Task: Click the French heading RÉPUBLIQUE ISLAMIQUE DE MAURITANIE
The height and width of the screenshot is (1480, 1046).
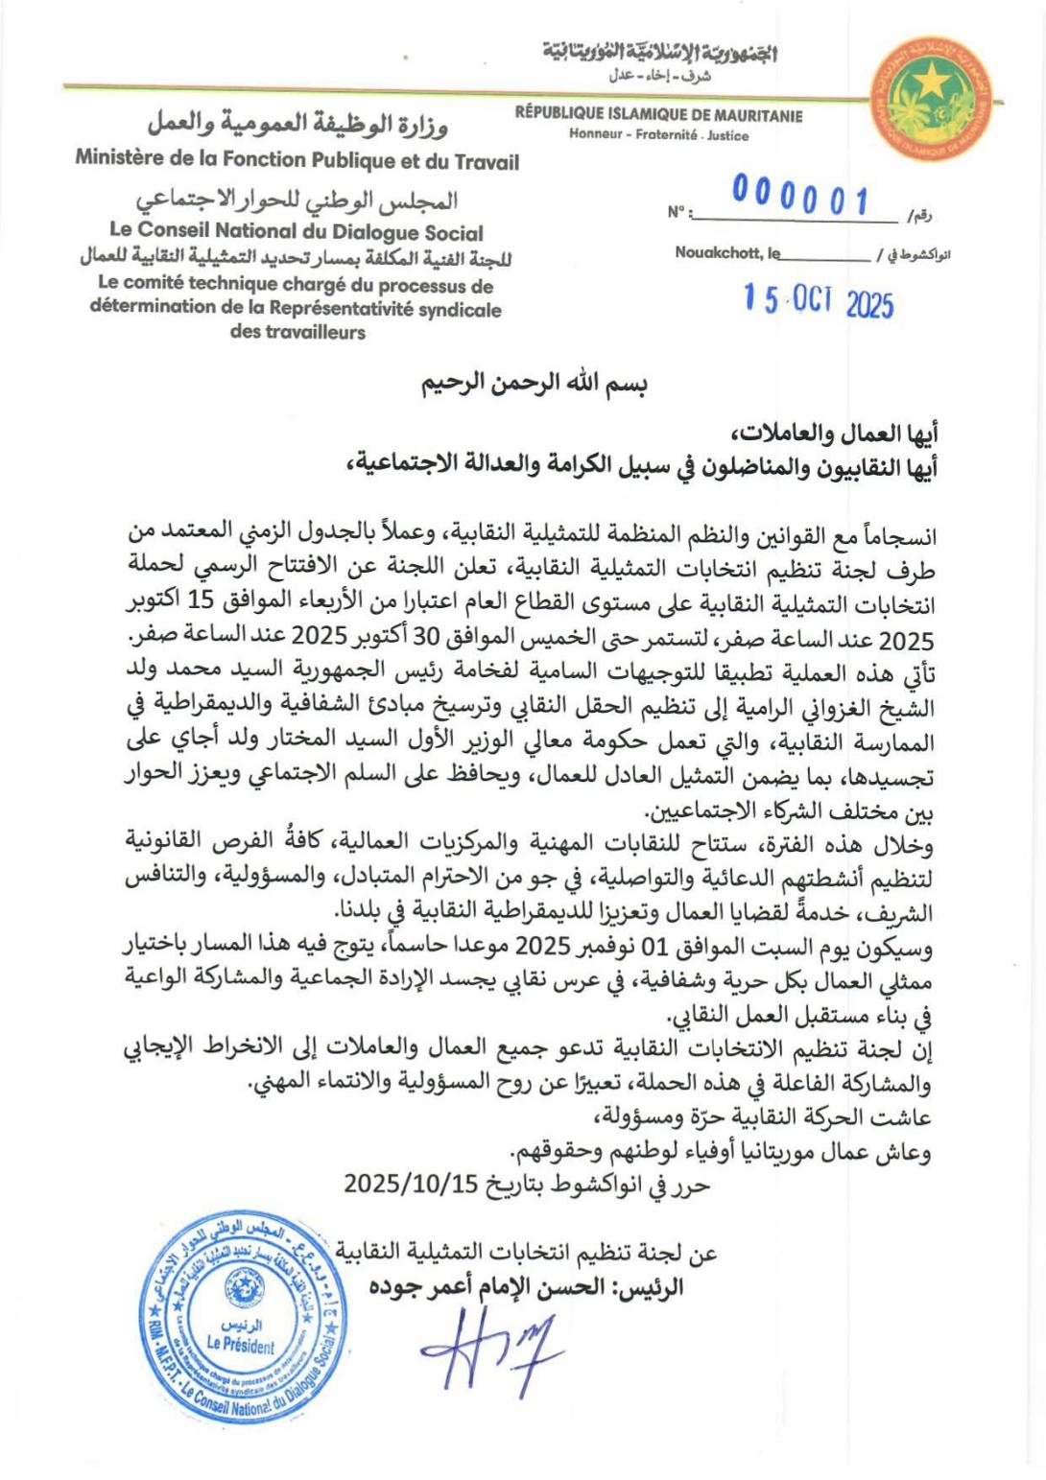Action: [658, 116]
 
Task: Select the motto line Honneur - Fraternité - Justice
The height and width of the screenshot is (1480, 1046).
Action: [658, 135]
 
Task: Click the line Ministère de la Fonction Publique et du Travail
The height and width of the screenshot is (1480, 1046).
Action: [297, 160]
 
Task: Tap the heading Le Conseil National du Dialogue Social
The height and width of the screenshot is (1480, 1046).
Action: [297, 231]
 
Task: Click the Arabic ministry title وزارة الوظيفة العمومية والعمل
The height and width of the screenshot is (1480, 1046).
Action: [297, 124]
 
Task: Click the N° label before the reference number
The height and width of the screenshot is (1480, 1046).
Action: [678, 213]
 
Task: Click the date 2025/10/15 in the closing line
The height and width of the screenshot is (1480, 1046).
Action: [411, 1184]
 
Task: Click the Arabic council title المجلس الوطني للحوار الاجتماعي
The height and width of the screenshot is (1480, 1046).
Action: [297, 201]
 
